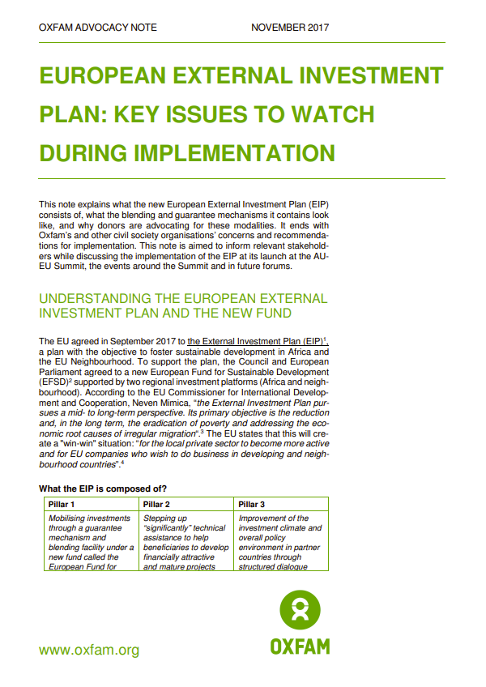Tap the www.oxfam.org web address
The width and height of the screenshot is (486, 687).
89,650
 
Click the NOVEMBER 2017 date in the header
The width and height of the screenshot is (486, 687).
290,28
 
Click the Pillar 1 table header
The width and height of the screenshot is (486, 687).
62,504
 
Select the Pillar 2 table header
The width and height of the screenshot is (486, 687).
156,504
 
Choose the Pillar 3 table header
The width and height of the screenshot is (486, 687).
252,504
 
